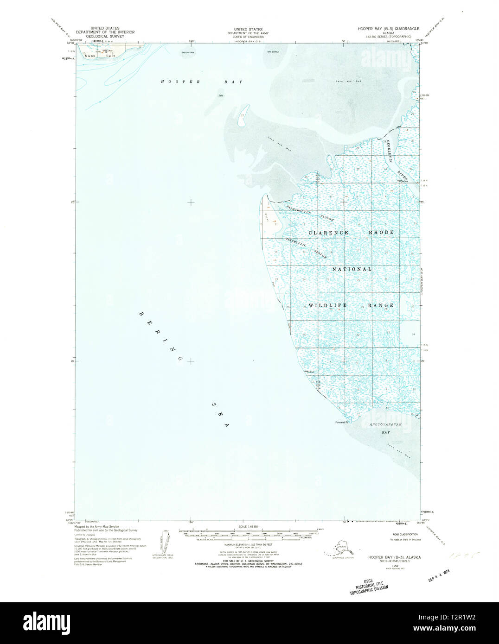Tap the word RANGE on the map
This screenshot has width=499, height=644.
coord(381,305)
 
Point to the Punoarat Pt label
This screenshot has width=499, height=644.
coord(341,422)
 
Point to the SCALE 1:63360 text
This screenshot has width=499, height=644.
coord(248,527)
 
